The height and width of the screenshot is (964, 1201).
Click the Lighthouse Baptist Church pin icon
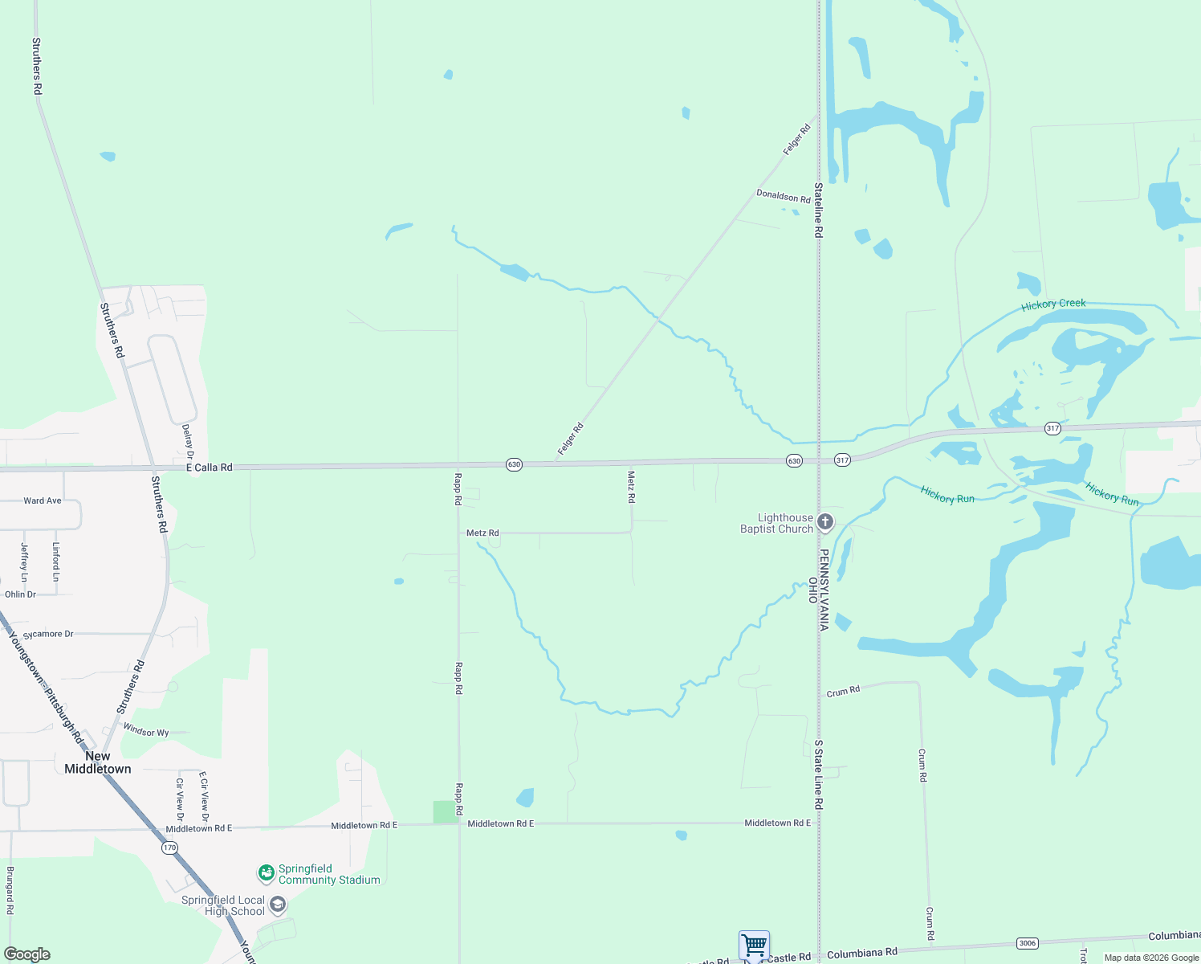point(824,523)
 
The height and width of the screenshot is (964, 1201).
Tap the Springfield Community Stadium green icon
point(266,872)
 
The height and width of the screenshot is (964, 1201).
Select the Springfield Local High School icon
point(277,905)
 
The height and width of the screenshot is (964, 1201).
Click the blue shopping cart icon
point(754,944)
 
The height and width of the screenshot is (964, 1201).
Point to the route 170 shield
point(169,848)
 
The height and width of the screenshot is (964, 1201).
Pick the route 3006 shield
point(1027,943)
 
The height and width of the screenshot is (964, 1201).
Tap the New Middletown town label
point(97,762)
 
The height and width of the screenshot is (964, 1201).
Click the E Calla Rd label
point(209,467)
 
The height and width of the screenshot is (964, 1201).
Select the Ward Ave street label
point(43,500)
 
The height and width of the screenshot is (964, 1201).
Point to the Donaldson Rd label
point(783,196)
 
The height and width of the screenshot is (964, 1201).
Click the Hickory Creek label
point(1053,304)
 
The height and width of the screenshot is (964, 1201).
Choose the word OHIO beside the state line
point(812,590)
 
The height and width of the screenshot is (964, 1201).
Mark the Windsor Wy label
point(146,732)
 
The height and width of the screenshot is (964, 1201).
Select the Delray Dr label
point(188,442)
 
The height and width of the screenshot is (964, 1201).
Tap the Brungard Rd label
point(10,890)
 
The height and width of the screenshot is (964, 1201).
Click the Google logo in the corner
point(27,954)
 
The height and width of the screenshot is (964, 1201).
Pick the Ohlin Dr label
point(20,594)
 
